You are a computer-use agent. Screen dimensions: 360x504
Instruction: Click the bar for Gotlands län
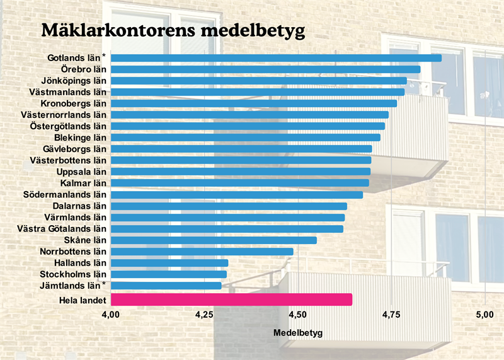[276, 58]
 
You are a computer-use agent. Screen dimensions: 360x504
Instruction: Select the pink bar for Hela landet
[231, 299]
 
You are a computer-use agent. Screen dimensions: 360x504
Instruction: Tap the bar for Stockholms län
[168, 274]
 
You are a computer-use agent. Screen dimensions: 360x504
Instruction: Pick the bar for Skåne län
[214, 240]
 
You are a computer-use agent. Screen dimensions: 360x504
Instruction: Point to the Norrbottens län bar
[202, 252]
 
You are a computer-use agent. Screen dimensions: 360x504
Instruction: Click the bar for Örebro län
[265, 69]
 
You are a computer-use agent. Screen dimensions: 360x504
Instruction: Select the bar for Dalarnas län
[229, 206]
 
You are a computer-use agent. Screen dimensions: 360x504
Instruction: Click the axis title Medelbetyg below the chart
[299, 332]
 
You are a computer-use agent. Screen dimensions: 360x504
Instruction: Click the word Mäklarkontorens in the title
[118, 30]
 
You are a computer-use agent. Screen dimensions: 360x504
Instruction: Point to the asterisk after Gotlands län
[105, 56]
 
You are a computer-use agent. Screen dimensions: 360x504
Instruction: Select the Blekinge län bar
[245, 137]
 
